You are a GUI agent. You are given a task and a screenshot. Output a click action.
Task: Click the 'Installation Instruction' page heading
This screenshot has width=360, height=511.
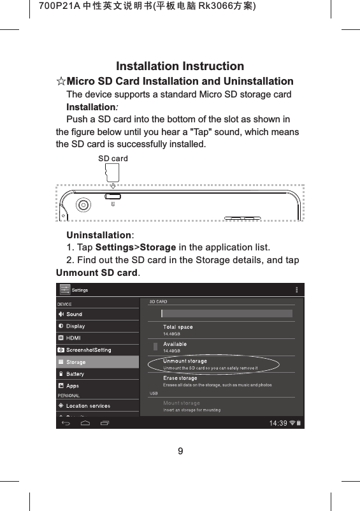coord(180,66)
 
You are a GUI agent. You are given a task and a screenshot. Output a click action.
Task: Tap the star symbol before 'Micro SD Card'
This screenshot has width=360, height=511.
coord(61,82)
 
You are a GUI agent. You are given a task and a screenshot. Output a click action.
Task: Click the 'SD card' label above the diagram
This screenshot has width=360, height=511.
coord(112,158)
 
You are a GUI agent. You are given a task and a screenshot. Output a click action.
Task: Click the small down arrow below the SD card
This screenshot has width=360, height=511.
coord(112,186)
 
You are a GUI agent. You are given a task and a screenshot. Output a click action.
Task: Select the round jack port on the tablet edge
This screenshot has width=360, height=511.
coord(83,205)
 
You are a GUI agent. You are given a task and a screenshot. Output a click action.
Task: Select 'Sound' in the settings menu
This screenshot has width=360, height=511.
coord(74,314)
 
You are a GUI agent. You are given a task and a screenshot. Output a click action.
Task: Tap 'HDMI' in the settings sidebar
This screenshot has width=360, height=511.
coord(73,338)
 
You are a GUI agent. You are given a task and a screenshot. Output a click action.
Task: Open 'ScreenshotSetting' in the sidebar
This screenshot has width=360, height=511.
coord(89,350)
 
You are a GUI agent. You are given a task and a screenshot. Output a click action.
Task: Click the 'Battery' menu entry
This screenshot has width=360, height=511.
coord(75,374)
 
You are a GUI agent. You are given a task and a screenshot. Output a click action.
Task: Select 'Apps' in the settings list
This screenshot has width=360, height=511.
coord(73,386)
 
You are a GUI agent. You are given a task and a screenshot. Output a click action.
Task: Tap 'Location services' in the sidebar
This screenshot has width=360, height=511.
coord(88,406)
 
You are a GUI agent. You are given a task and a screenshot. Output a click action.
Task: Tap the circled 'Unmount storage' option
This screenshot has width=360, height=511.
coord(185,362)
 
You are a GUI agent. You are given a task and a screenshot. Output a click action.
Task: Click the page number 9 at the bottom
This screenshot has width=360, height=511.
coord(180,452)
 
